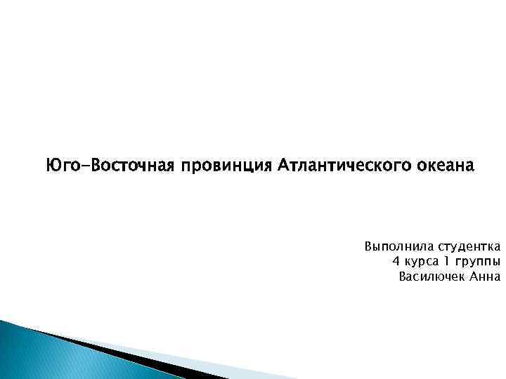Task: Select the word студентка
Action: pos(469,247)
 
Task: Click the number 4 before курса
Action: pos(396,262)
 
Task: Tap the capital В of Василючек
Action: pos(403,277)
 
